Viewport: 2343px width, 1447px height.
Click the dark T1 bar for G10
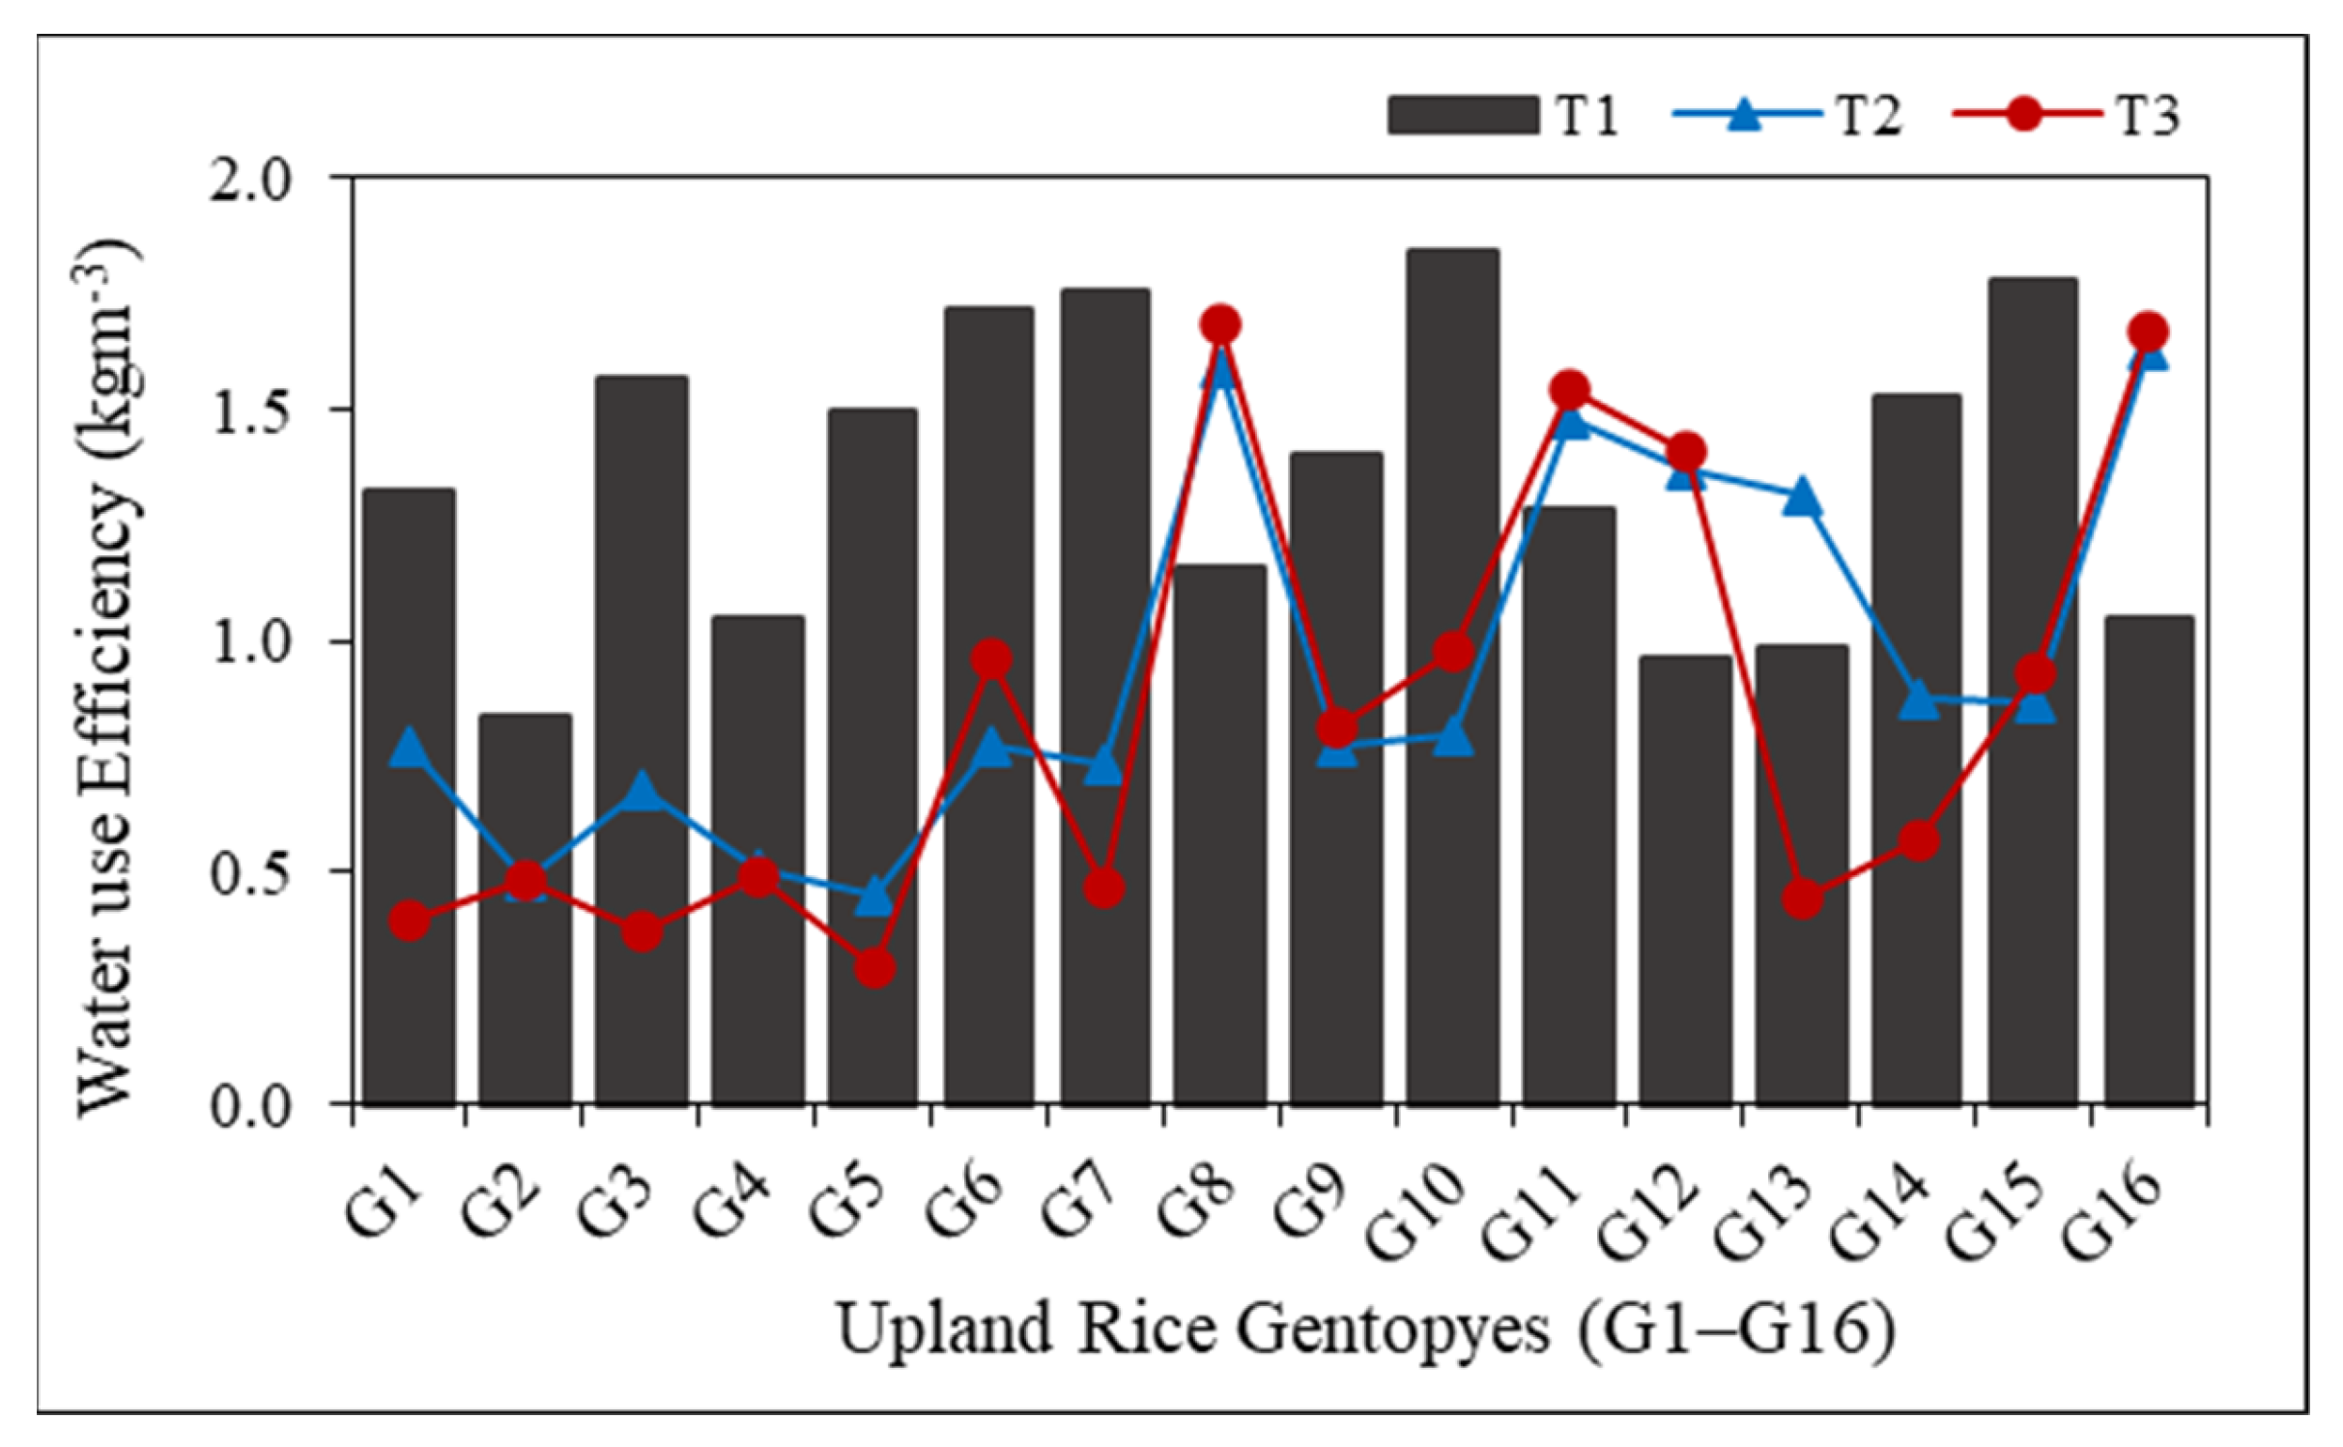point(1452,676)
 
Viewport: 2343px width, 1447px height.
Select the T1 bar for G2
point(525,908)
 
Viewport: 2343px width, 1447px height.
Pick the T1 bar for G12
point(1685,879)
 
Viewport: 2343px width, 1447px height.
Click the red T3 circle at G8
point(1220,326)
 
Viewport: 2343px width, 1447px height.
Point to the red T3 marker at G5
point(874,968)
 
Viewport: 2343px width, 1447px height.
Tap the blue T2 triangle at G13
point(1802,498)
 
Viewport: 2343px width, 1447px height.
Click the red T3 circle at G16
point(2149,332)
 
